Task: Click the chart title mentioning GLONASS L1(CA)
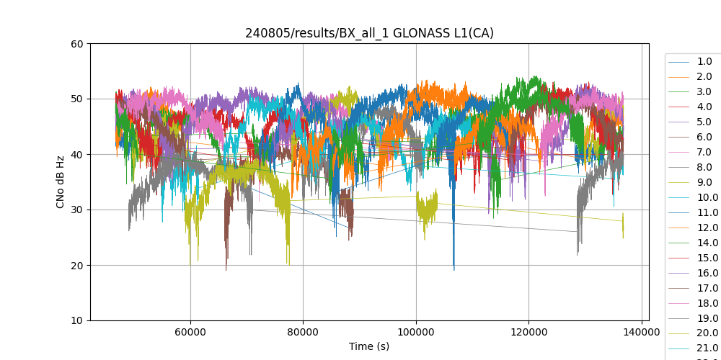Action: tap(369, 33)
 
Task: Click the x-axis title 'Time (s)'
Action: tap(369, 346)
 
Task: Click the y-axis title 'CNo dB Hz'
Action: tap(61, 182)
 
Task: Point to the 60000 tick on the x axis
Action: tap(190, 332)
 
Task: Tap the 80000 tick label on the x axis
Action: tap(303, 332)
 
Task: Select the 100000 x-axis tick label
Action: tap(416, 332)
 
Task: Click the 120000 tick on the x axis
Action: tap(528, 332)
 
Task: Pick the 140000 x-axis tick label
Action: tap(641, 332)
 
